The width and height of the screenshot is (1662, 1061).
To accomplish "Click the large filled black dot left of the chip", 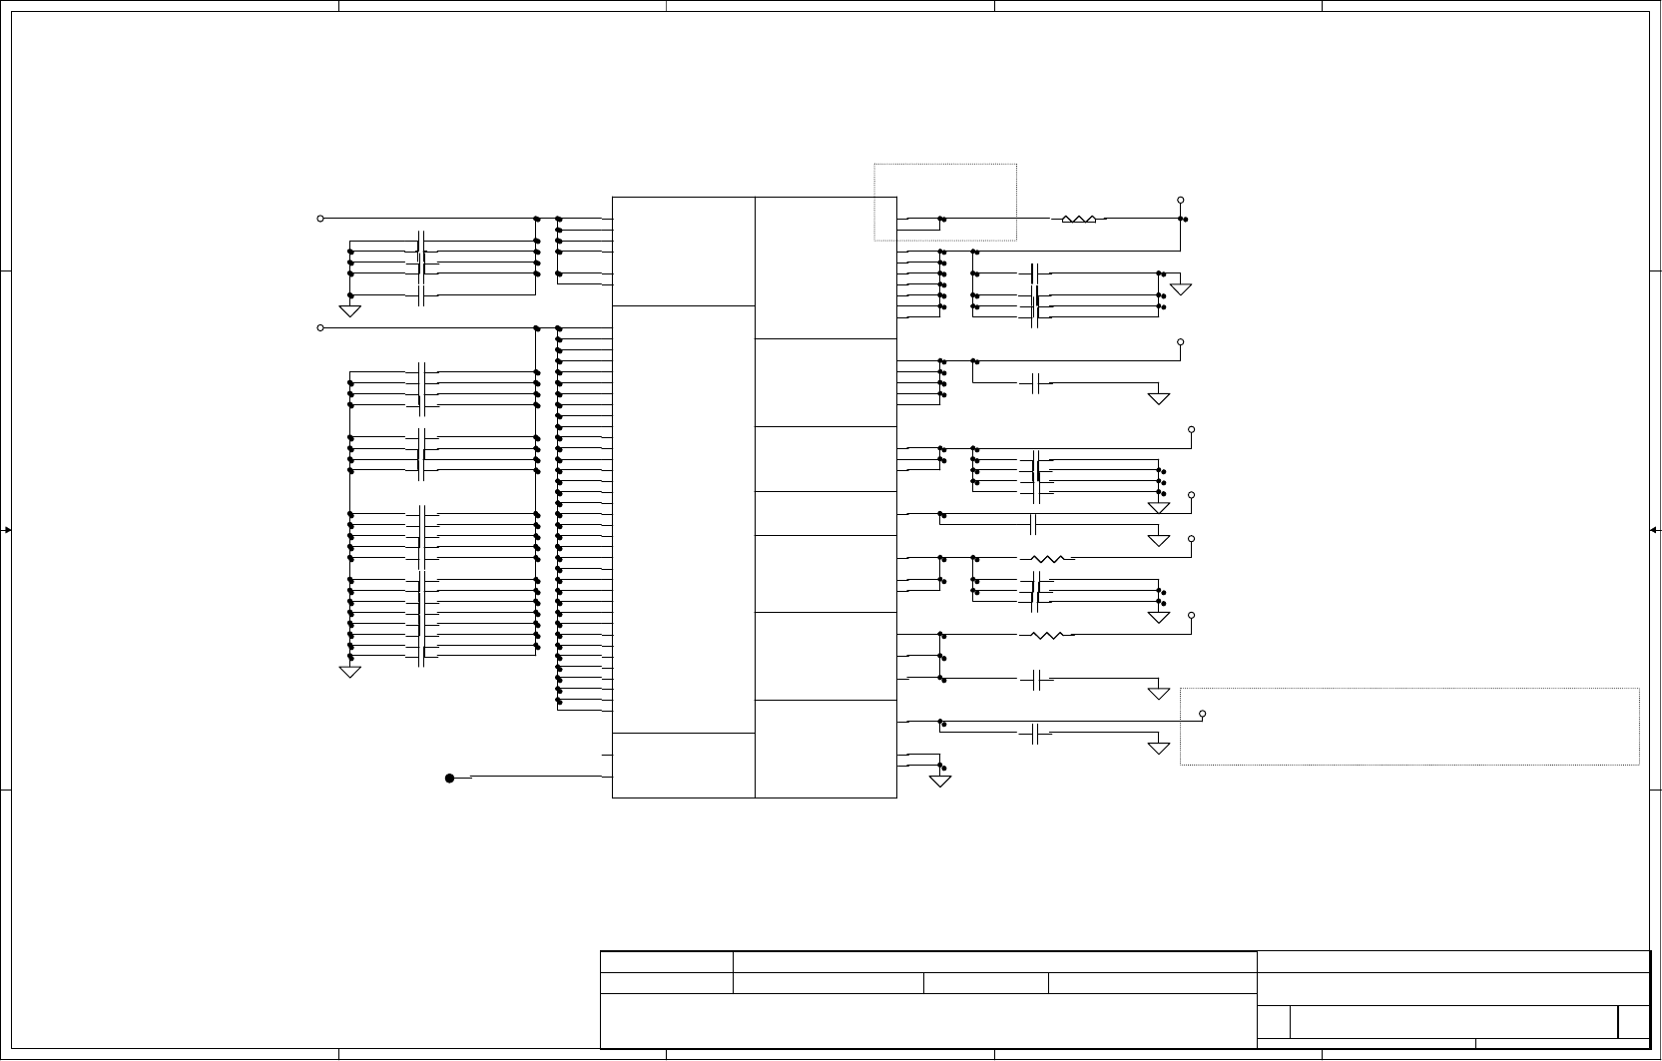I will click(449, 779).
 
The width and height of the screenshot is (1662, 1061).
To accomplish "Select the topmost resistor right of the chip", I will click(1078, 219).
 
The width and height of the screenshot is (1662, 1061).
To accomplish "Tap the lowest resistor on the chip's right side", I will click(1046, 635).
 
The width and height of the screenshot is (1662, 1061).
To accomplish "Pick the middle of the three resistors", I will click(1046, 559).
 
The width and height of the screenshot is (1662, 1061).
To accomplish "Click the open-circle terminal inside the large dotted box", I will click(1203, 714).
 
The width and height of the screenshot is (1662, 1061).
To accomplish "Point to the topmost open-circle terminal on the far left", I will click(320, 219).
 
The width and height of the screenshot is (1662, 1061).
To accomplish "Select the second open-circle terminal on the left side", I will click(320, 328).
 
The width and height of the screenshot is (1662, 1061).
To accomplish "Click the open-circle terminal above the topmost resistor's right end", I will click(1181, 201).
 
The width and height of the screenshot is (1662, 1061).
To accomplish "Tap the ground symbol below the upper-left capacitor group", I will click(350, 309).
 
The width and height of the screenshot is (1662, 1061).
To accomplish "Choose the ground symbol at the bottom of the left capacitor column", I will click(350, 671).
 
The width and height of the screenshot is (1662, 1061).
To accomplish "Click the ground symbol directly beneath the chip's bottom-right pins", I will click(940, 781).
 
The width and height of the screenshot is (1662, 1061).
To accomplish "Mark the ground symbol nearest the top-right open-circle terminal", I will click(1181, 288).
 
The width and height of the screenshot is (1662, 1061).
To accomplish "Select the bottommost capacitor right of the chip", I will click(1036, 736).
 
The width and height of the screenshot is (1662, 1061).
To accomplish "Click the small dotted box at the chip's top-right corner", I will click(945, 202).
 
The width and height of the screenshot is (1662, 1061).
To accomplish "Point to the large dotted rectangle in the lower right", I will click(1409, 727).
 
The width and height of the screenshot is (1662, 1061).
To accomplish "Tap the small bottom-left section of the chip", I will click(683, 766).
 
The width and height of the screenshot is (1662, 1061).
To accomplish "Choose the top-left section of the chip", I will click(683, 252).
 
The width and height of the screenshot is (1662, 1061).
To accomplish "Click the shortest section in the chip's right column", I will click(826, 513).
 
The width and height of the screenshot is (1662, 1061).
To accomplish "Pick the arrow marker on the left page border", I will click(6, 530).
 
